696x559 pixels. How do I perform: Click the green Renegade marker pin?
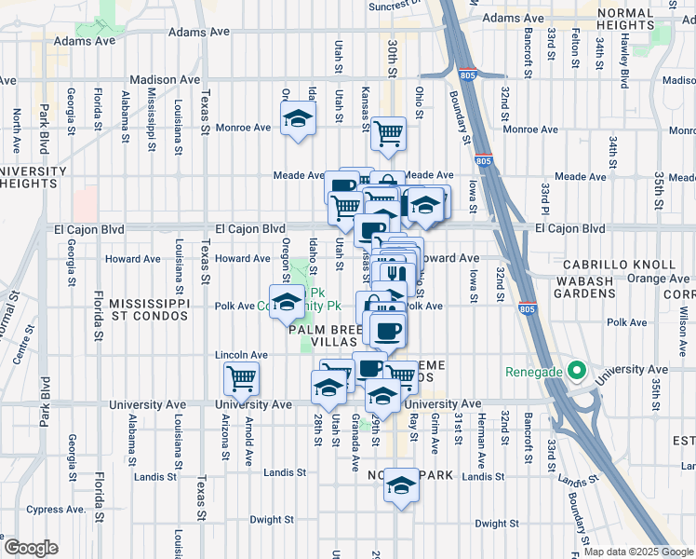(576, 373)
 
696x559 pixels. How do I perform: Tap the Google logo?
(31, 548)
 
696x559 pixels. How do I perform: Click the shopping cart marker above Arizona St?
(242, 378)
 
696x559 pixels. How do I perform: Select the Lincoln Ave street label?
(241, 355)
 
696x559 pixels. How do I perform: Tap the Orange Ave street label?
(658, 278)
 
